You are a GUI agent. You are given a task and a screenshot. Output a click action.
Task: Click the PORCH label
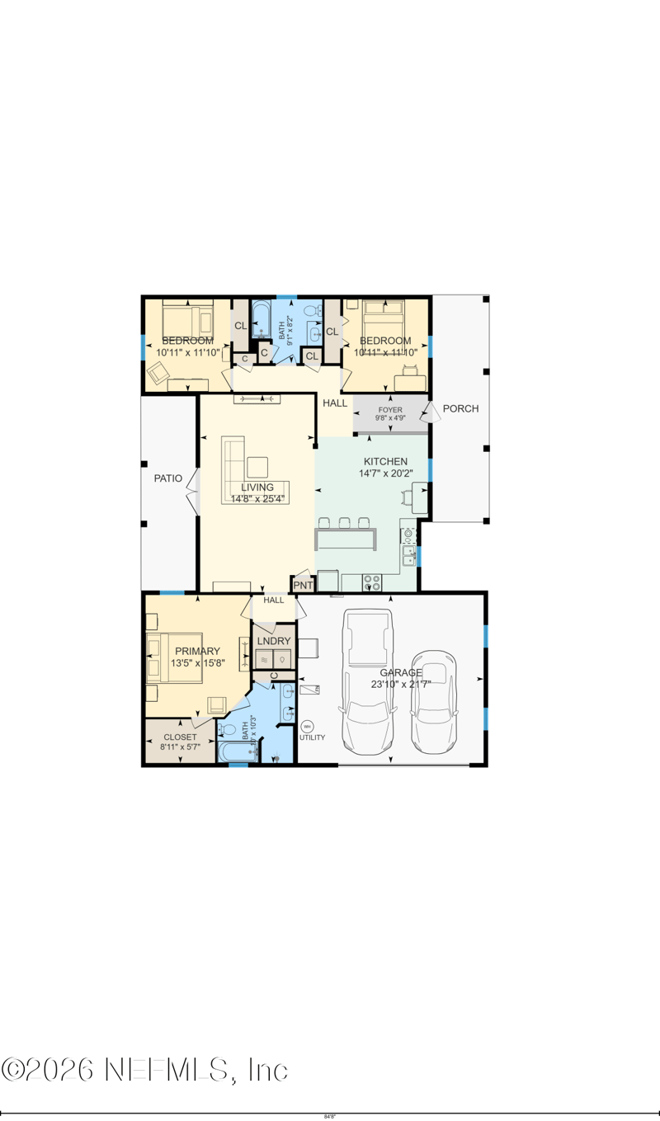point(460,408)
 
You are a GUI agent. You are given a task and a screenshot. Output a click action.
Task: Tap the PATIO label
point(168,478)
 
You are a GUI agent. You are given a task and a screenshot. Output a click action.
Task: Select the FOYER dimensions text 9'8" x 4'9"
point(390,418)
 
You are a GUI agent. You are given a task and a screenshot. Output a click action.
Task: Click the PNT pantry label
point(303,585)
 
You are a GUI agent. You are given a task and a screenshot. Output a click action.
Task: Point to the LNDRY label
point(272,641)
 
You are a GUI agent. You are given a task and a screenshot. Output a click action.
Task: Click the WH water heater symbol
point(308,727)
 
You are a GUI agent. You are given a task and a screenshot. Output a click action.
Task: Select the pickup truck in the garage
point(367,681)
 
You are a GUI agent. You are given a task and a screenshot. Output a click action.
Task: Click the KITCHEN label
point(385,461)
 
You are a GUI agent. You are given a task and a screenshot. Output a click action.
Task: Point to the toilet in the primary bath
point(231,731)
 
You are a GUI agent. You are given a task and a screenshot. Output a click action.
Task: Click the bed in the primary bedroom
point(175,657)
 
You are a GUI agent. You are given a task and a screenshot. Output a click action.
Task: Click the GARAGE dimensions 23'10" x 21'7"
point(401,684)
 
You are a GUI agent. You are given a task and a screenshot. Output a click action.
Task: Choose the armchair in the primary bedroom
point(217,704)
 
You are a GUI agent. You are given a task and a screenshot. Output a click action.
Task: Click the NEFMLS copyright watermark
point(145,1070)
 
